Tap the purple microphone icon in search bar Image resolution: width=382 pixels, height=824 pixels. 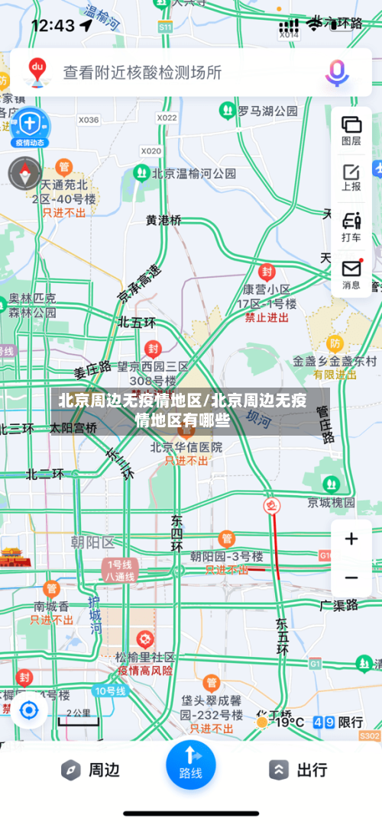[x=337, y=72]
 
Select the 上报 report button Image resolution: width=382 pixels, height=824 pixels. [x=351, y=177]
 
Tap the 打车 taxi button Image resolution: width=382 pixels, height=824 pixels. [x=351, y=227]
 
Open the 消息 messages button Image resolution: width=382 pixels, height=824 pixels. [x=351, y=274]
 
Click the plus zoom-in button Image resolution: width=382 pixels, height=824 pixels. [x=351, y=539]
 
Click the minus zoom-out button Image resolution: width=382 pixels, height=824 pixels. [x=351, y=578]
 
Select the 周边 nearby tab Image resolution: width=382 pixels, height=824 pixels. [x=91, y=770]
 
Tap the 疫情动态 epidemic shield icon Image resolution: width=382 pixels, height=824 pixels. [x=29, y=126]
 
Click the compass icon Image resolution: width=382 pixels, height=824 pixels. [x=24, y=173]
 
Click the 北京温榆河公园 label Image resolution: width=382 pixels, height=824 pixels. [x=194, y=173]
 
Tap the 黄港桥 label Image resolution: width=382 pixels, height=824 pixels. [x=164, y=220]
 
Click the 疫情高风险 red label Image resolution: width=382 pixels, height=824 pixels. [x=145, y=671]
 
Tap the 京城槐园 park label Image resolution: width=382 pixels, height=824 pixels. [x=332, y=502]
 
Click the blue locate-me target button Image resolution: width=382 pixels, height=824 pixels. [x=29, y=711]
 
